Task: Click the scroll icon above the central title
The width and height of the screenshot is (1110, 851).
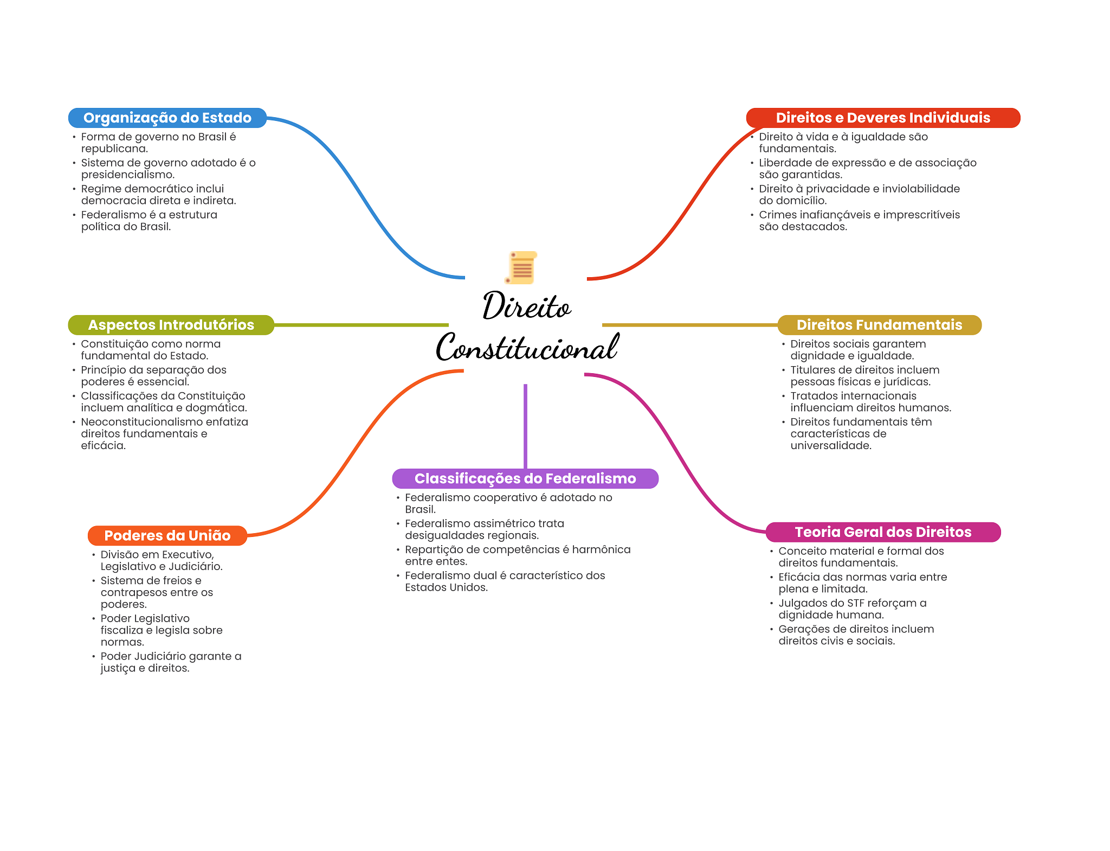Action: point(521,267)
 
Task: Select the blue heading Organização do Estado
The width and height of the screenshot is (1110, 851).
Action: point(167,118)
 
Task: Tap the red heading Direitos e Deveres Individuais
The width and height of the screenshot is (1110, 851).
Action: point(882,118)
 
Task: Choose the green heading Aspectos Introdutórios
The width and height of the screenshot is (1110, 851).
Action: point(171,325)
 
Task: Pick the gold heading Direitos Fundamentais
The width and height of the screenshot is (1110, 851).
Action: point(879,325)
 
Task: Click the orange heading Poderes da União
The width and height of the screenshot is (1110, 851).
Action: point(167,535)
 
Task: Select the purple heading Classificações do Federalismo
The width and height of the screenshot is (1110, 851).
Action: point(525,478)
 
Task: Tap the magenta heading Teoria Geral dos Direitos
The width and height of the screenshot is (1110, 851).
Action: point(882,532)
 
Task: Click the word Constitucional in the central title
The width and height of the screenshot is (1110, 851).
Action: point(527,348)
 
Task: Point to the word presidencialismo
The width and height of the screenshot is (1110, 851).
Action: point(127,175)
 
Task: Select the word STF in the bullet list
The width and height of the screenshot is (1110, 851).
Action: point(855,603)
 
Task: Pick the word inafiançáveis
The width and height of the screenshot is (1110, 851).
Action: point(830,215)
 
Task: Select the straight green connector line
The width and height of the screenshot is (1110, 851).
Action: point(361,325)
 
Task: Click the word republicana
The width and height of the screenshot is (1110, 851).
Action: point(114,149)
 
